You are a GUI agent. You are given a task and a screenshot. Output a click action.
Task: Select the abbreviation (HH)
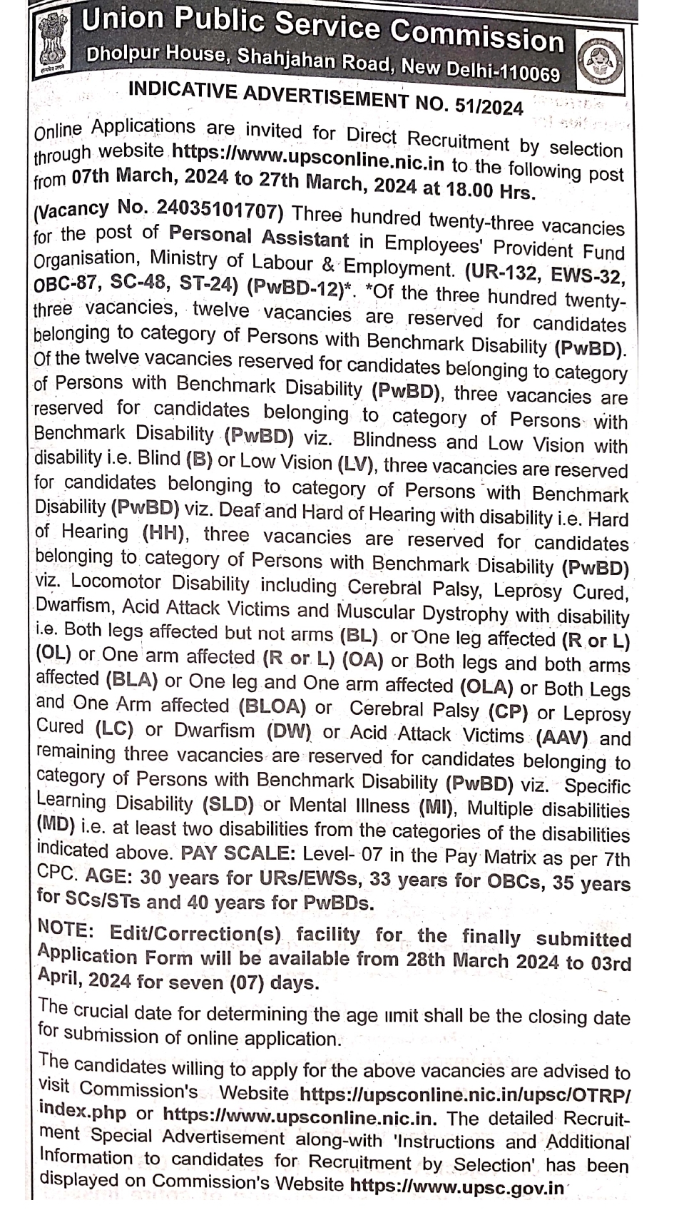165,532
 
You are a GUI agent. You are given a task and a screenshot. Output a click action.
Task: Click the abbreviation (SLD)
228,805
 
